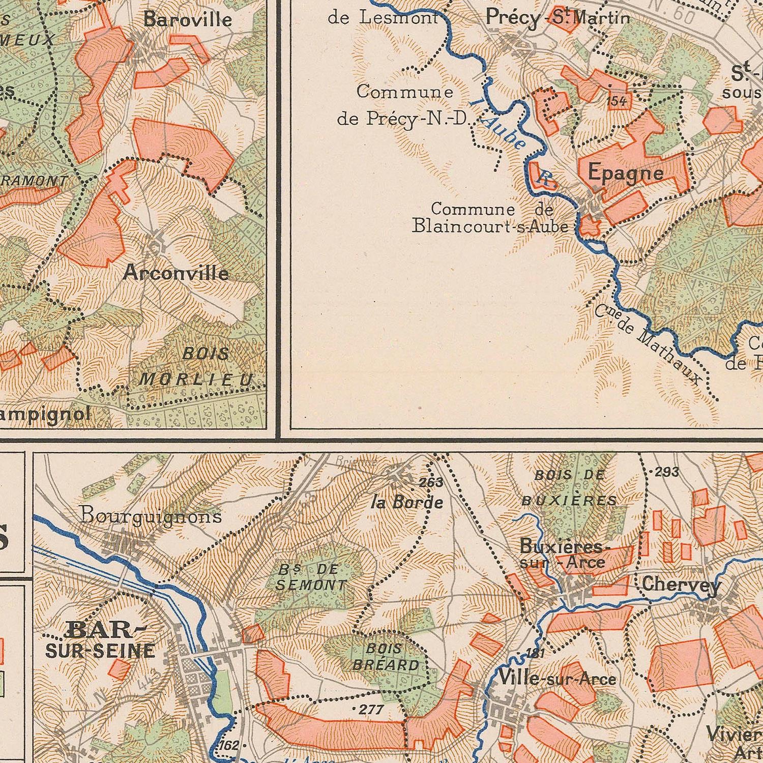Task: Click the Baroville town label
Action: (x=187, y=20)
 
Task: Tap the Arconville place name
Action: (x=175, y=274)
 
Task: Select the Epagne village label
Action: (x=626, y=174)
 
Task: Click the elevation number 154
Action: (x=617, y=101)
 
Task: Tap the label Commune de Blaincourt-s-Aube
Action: (x=490, y=218)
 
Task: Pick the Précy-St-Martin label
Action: (x=557, y=18)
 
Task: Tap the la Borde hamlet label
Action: (x=407, y=503)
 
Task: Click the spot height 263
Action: (x=431, y=482)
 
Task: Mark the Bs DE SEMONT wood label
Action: (x=310, y=577)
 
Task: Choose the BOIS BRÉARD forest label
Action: (x=386, y=657)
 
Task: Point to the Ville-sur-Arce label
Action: (x=557, y=678)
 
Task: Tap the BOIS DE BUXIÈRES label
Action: (x=570, y=488)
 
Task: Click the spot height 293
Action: (x=666, y=472)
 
